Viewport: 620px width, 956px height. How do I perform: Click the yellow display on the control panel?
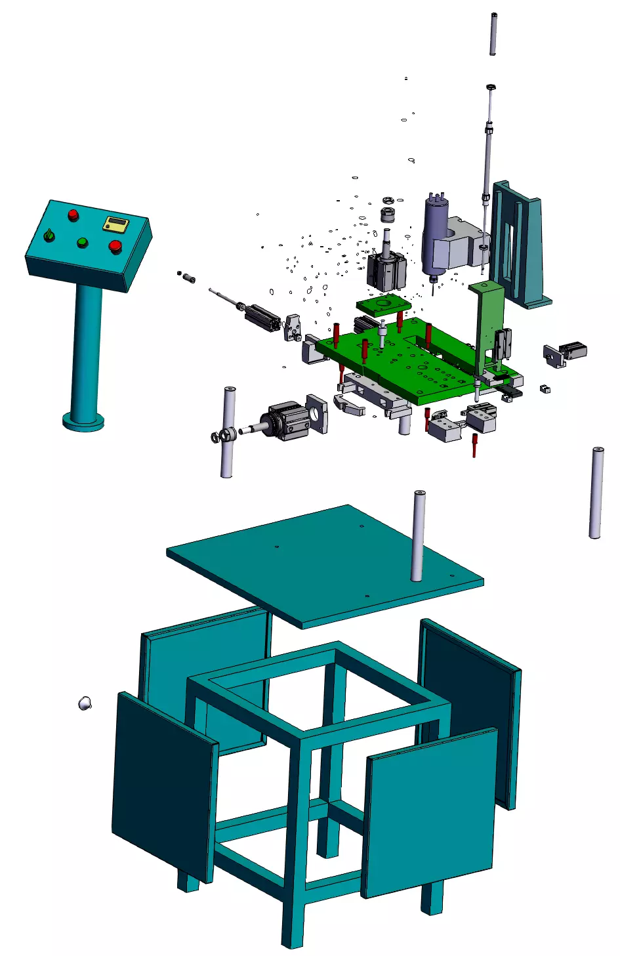coord(115,224)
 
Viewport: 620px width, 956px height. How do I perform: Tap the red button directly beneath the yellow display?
coord(115,246)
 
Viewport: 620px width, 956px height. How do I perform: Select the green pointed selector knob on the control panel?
coord(49,234)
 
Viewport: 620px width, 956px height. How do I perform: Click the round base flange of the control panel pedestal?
coord(83,420)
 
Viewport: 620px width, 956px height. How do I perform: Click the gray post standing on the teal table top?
coord(418,535)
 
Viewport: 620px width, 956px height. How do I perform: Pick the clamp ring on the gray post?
coord(223,434)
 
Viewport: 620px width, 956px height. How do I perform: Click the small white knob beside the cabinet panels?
coord(85,703)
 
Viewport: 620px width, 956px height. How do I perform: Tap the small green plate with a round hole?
coord(383,304)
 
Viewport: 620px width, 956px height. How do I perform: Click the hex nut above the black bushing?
coord(388,200)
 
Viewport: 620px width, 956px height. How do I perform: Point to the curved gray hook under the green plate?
coord(350,405)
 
